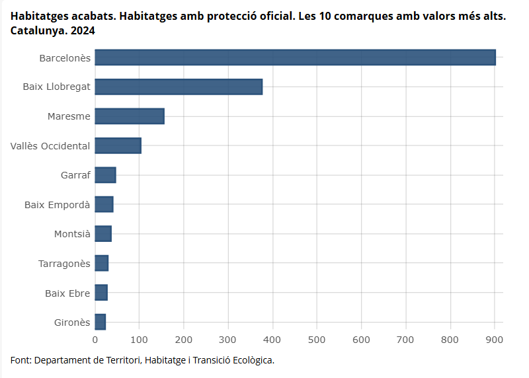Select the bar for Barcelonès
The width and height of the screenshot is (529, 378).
pos(295,57)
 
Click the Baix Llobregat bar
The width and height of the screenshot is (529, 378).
pos(179,87)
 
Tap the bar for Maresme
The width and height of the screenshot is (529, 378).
pos(130,116)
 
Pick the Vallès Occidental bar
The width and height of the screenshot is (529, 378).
pos(118,145)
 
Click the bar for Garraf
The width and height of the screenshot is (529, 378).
pos(105,175)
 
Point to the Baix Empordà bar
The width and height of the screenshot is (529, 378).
pos(104,204)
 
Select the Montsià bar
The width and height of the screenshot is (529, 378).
pos(103,234)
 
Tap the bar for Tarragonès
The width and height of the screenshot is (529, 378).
pos(101,263)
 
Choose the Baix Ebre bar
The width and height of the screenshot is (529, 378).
pos(101,292)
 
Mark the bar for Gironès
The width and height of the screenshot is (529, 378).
pos(100,322)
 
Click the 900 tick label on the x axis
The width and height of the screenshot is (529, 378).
pos(495,340)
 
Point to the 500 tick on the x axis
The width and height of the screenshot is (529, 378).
pos(317,340)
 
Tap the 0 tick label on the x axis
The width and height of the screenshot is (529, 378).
pos(95,340)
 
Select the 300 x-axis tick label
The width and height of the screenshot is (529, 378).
pos(228,340)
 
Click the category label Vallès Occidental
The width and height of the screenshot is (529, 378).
pos(50,146)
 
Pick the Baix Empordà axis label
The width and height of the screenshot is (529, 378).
pos(57,205)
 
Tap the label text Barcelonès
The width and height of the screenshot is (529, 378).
pos(64,58)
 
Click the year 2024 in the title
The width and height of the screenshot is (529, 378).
pos(83,30)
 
